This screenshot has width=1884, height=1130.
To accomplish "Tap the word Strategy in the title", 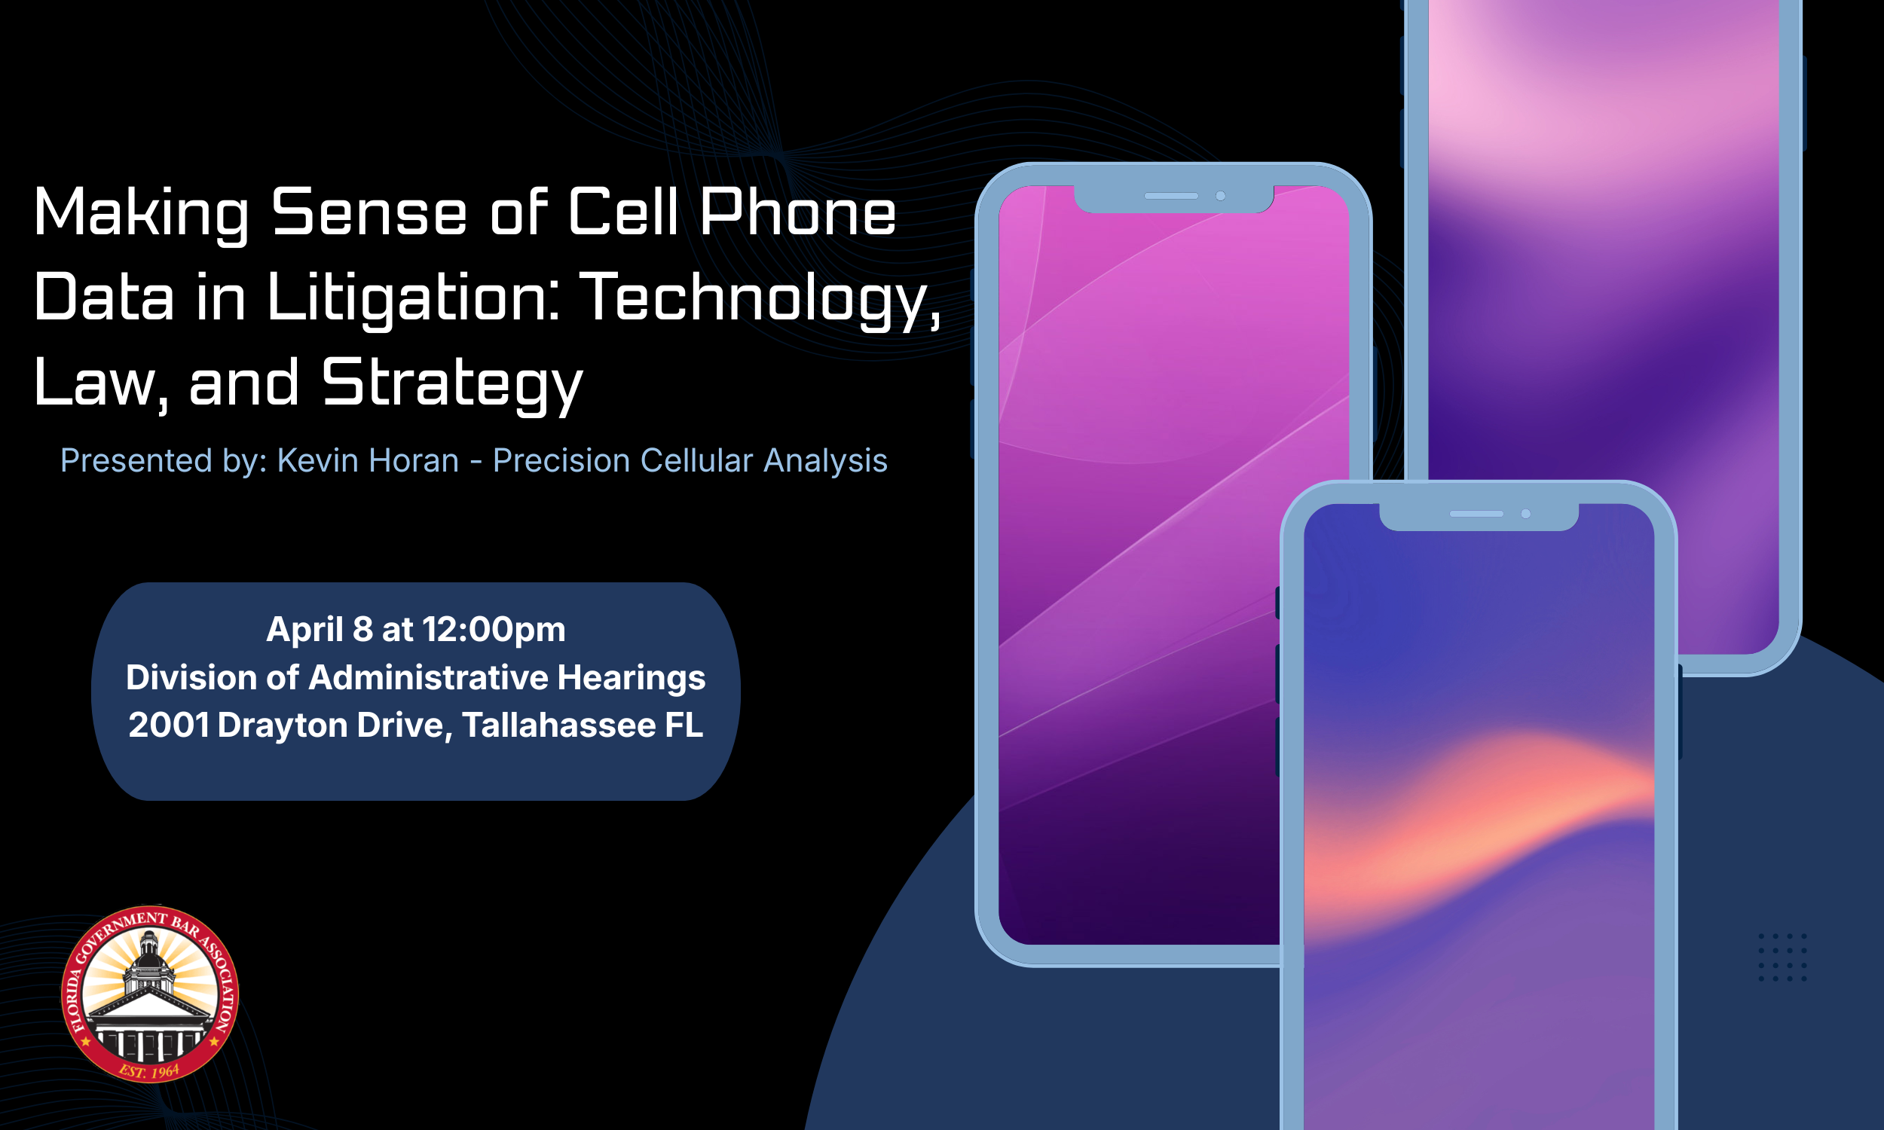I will coord(452,383).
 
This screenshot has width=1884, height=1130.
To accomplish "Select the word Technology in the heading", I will coord(758,298).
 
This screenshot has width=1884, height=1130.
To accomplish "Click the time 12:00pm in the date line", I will coord(494,630).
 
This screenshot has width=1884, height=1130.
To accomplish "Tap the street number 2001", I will coord(168,725).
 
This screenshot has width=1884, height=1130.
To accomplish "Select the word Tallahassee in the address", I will coord(558,725).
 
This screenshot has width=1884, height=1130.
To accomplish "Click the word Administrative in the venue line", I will coord(429,678).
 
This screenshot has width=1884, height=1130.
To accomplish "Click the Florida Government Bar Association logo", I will coord(150,993).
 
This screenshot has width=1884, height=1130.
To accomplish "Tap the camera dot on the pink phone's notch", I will coord(1220,197).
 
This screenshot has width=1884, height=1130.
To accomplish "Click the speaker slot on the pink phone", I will coord(1171,197).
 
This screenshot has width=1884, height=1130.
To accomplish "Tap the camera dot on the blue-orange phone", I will coord(1525,514).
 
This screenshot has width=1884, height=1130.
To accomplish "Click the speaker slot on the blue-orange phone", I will coord(1476,514).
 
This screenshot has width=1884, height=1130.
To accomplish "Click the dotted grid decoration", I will coord(1782,957).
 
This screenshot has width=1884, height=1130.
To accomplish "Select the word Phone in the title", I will coord(797,212).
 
